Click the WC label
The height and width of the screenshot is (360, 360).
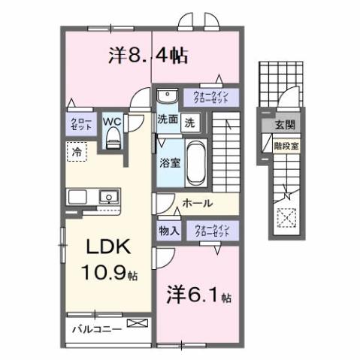click(x=112, y=120)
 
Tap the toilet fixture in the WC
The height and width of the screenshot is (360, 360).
click(x=113, y=136)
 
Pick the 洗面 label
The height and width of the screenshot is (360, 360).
click(x=168, y=119)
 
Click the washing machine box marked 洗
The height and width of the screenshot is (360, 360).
click(x=191, y=120)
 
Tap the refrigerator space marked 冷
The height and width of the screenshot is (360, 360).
click(x=77, y=151)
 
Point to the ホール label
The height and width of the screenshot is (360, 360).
click(x=198, y=203)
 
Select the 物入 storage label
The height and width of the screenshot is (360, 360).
click(x=168, y=231)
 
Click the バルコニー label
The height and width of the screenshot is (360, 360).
click(x=96, y=328)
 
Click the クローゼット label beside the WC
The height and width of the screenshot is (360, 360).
click(x=81, y=123)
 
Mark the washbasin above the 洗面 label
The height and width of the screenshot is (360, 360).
click(x=167, y=96)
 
